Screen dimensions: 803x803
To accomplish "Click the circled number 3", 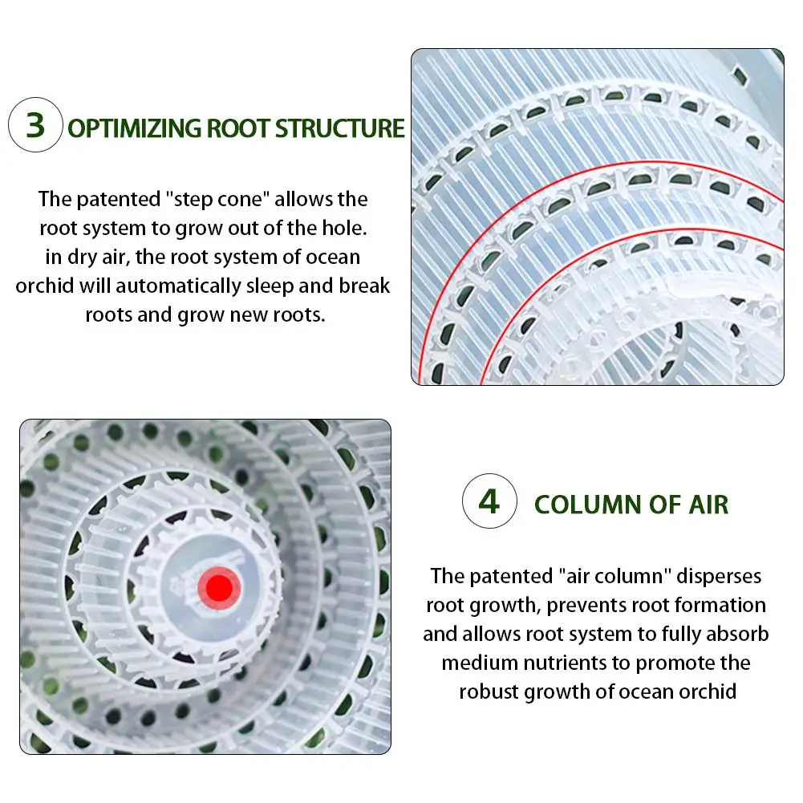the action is pos(35,126).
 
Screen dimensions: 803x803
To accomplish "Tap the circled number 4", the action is pos(489,502).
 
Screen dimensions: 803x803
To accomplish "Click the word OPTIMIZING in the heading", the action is pos(134,128).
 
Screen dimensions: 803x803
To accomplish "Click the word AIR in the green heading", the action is pos(707,505).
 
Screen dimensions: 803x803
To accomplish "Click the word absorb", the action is pos(736,634).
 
